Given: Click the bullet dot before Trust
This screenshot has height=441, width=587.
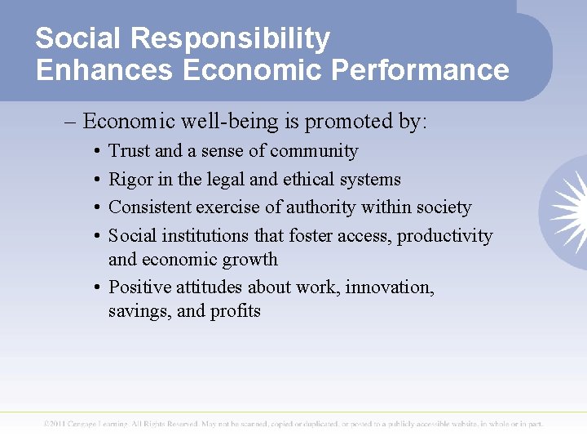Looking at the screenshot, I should tap(97, 152).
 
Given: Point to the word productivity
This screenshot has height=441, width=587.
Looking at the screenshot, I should tap(445, 236).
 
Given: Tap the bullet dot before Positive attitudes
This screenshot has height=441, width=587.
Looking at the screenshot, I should tap(97, 287).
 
